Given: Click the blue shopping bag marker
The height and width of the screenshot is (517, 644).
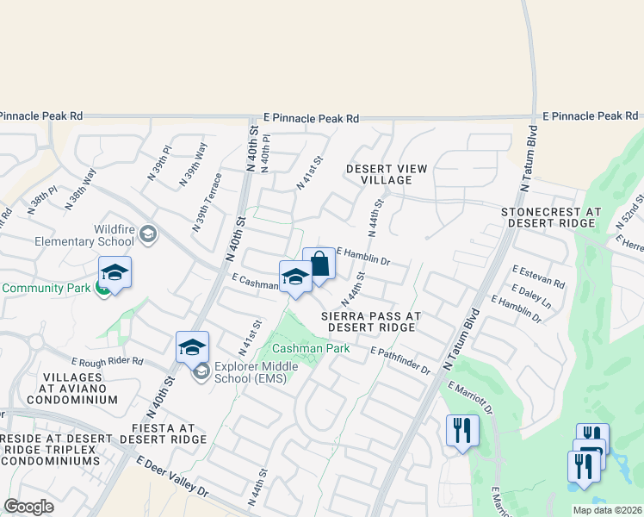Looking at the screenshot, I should tap(319, 265).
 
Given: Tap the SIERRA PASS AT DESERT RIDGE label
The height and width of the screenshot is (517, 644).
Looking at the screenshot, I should tap(370, 322).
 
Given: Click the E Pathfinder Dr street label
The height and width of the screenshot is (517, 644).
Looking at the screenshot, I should tap(400, 361).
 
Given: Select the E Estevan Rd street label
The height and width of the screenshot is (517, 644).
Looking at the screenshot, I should tap(538, 277).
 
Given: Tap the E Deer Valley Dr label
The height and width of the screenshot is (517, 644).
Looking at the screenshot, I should tap(173, 477).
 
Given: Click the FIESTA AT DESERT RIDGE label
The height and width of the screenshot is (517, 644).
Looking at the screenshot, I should tap(164, 433).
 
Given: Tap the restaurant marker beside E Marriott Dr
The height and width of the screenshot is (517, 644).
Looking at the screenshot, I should tap(462, 428).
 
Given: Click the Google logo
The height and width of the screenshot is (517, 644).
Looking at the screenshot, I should tap(28, 507).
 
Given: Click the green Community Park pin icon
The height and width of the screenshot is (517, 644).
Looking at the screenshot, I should tap(102, 289).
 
